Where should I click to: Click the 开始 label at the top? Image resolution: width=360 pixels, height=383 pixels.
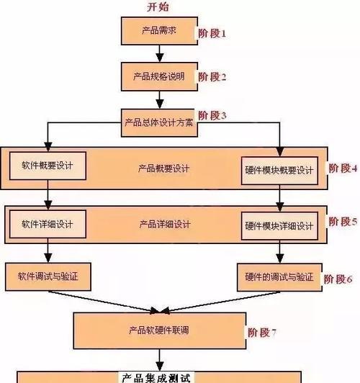pyautogui.click(x=158, y=6)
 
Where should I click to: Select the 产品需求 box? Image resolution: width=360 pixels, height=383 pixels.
pyautogui.click(x=159, y=31)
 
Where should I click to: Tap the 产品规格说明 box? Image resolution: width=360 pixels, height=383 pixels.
pyautogui.click(x=159, y=77)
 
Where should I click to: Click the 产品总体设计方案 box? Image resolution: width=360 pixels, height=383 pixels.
pyautogui.click(x=159, y=122)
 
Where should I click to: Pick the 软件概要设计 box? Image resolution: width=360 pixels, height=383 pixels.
pyautogui.click(x=48, y=166)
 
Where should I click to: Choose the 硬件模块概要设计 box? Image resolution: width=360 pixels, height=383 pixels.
pyautogui.click(x=279, y=171)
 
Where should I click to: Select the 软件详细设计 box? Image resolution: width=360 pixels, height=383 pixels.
pyautogui.click(x=48, y=224)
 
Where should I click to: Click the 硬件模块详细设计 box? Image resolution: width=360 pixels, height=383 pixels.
pyautogui.click(x=279, y=226)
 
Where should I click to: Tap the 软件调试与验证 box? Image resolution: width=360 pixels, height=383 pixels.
pyautogui.click(x=48, y=276)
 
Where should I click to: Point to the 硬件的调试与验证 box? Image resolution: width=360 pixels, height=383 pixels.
pyautogui.click(x=279, y=277)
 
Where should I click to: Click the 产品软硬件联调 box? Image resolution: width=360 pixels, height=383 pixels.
pyautogui.click(x=160, y=330)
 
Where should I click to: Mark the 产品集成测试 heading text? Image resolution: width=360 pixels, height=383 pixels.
pyautogui.click(x=156, y=377)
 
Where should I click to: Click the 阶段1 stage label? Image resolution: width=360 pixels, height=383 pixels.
pyautogui.click(x=212, y=33)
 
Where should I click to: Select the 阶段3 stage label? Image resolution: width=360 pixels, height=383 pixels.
pyautogui.click(x=212, y=115)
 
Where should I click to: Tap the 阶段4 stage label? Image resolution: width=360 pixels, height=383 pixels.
pyautogui.click(x=343, y=168)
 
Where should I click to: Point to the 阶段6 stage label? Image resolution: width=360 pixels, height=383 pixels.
pyautogui.click(x=338, y=279)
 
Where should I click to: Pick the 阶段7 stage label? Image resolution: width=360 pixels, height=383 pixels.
pyautogui.click(x=262, y=333)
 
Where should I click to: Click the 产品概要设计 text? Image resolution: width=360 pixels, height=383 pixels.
pyautogui.click(x=163, y=168)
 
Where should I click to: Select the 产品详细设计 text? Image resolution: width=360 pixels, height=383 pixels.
pyautogui.click(x=165, y=224)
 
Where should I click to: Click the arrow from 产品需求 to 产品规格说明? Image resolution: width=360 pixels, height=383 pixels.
pyautogui.click(x=160, y=53)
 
